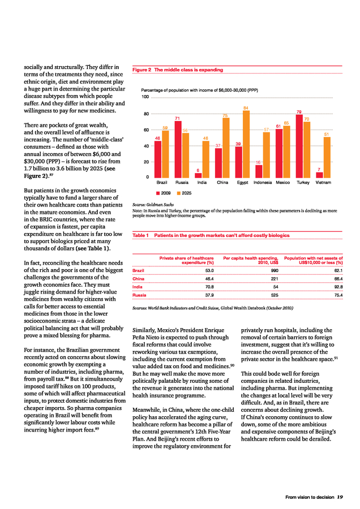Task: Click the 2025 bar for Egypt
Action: (x=246, y=144)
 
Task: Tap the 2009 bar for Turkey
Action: (x=299, y=146)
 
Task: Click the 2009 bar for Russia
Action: (x=178, y=150)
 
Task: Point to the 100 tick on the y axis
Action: (x=145, y=97)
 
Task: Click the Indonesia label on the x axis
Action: (x=263, y=183)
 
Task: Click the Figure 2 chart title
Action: (x=178, y=70)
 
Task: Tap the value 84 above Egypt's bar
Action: (x=246, y=107)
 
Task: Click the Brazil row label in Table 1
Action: (x=138, y=270)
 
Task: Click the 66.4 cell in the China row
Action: (x=337, y=279)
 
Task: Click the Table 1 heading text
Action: (x=211, y=235)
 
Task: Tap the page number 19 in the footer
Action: (x=340, y=498)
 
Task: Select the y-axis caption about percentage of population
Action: (x=199, y=90)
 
